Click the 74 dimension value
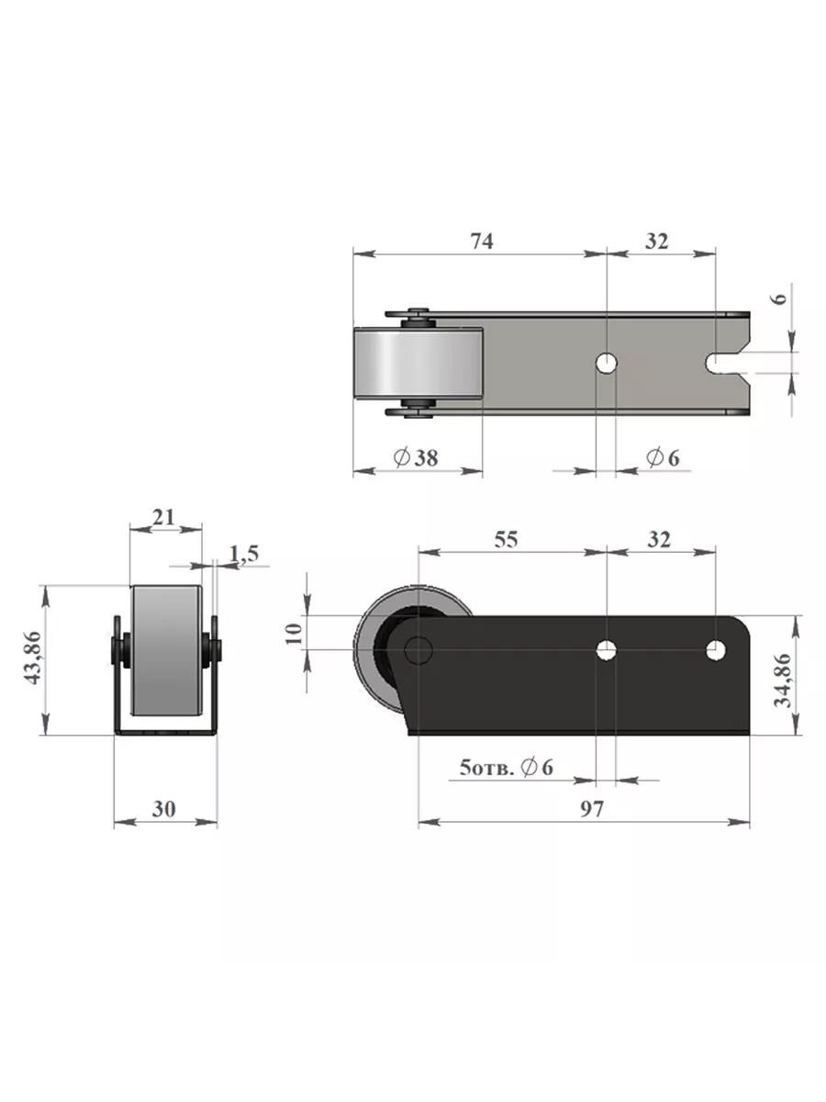[482, 242]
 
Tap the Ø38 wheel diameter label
[416, 457]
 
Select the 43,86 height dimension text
[33, 658]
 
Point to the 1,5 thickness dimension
[244, 554]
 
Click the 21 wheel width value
[163, 517]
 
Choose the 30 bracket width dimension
[164, 809]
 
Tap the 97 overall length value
[592, 809]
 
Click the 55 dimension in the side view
[506, 540]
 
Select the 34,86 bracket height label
[782, 680]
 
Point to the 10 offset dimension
[294, 634]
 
